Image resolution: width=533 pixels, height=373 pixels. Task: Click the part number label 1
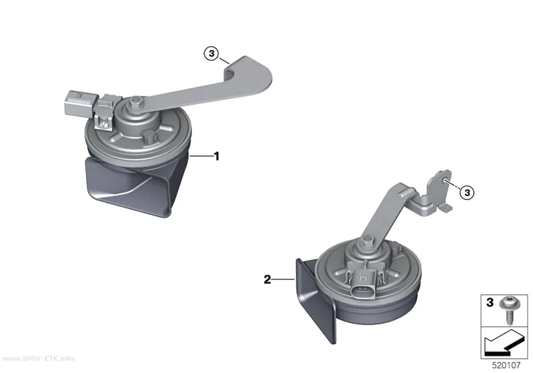click(x=216, y=157)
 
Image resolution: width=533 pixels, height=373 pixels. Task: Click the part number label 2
click(x=268, y=280)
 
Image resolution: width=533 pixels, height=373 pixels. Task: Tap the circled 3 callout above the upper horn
click(x=212, y=53)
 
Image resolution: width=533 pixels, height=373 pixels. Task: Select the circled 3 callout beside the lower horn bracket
click(x=467, y=193)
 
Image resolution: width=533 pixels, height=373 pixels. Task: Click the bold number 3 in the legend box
click(x=489, y=302)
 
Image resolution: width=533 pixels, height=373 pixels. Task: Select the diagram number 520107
click(x=506, y=365)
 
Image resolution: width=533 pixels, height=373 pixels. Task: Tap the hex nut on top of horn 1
click(x=135, y=102)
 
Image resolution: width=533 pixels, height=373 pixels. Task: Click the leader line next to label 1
click(x=201, y=156)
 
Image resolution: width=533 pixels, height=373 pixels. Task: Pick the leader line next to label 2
click(x=283, y=280)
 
